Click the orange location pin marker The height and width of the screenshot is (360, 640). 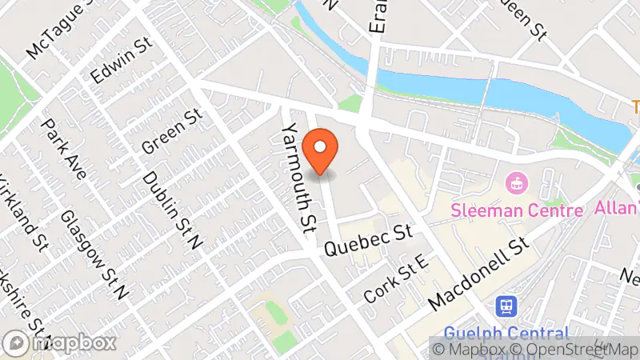coord(322,150)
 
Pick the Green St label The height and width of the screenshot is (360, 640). coord(170,133)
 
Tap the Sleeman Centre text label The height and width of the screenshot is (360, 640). coord(517,211)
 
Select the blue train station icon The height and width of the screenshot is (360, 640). coord(506,306)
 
